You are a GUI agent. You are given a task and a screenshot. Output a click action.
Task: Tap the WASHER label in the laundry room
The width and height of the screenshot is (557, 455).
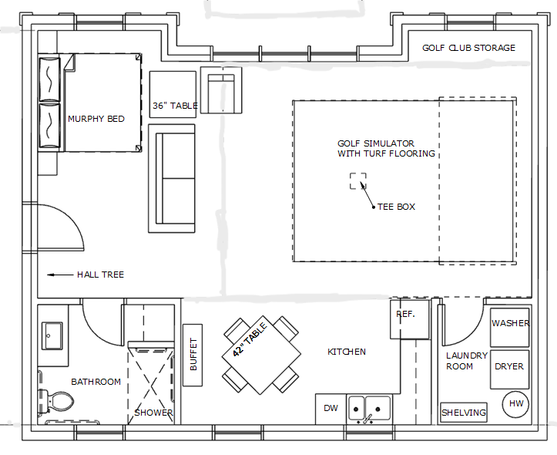click(x=511, y=323)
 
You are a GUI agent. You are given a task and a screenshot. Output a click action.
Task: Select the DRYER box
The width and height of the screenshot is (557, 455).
click(x=510, y=369)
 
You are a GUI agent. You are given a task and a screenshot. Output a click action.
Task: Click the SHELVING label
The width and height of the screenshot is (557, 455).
click(x=464, y=413)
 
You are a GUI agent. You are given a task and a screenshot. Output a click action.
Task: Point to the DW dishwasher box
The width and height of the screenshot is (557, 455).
click(x=331, y=409)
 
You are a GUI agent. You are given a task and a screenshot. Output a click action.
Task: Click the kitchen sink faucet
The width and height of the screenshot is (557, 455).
click(x=368, y=419)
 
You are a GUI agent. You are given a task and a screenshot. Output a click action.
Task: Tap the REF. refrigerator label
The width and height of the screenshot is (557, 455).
click(x=405, y=314)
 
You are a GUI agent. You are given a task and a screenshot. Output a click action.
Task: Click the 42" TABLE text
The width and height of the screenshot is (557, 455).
click(x=250, y=339)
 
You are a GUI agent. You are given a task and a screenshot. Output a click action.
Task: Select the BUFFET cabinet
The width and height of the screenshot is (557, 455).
click(x=193, y=355)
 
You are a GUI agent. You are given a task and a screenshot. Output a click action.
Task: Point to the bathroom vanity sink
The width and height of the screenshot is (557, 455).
click(x=52, y=335)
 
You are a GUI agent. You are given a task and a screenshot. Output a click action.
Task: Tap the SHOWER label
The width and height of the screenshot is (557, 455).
click(x=153, y=413)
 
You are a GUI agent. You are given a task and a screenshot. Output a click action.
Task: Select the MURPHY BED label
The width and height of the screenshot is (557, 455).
click(x=96, y=119)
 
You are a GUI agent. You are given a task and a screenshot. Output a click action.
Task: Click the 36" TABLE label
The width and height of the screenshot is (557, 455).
click(x=175, y=106)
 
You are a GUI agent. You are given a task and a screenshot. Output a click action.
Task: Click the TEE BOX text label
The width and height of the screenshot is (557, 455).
click(x=396, y=207)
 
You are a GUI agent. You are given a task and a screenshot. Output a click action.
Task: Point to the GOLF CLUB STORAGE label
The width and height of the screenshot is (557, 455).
click(x=468, y=48)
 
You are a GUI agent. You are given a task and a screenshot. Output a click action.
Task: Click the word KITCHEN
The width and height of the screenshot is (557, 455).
click(x=347, y=352)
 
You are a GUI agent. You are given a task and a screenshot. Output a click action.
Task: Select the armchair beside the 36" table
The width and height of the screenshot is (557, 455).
click(x=221, y=90)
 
